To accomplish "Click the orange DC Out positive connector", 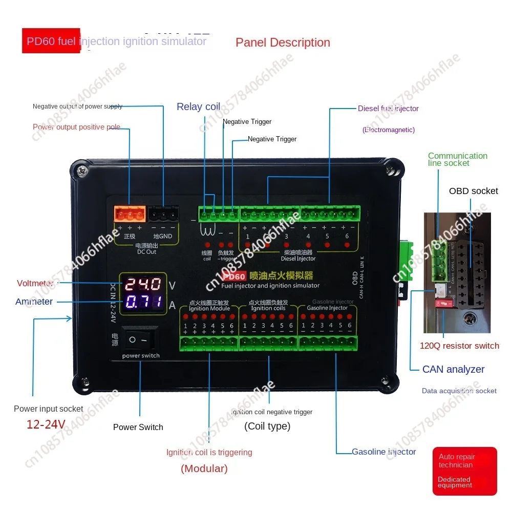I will [x=129, y=213].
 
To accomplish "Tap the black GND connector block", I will [x=163, y=213].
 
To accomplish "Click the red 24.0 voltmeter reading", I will [x=144, y=284].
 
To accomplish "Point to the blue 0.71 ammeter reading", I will [x=144, y=302].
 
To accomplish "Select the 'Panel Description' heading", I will [x=283, y=42].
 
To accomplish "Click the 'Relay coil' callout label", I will [x=198, y=106].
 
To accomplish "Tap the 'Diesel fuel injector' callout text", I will [x=388, y=109].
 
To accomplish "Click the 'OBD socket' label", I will [x=474, y=191].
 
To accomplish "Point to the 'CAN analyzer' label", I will [x=453, y=369].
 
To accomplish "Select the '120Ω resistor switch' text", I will [x=459, y=346].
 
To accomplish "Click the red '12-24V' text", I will [x=46, y=424].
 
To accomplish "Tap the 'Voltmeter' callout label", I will [x=35, y=283].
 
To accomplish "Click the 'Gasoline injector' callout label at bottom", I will [x=383, y=452].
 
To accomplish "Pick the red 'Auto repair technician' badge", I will [x=464, y=471].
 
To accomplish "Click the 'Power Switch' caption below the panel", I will [x=138, y=427].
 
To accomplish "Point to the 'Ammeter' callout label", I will [x=34, y=302].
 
